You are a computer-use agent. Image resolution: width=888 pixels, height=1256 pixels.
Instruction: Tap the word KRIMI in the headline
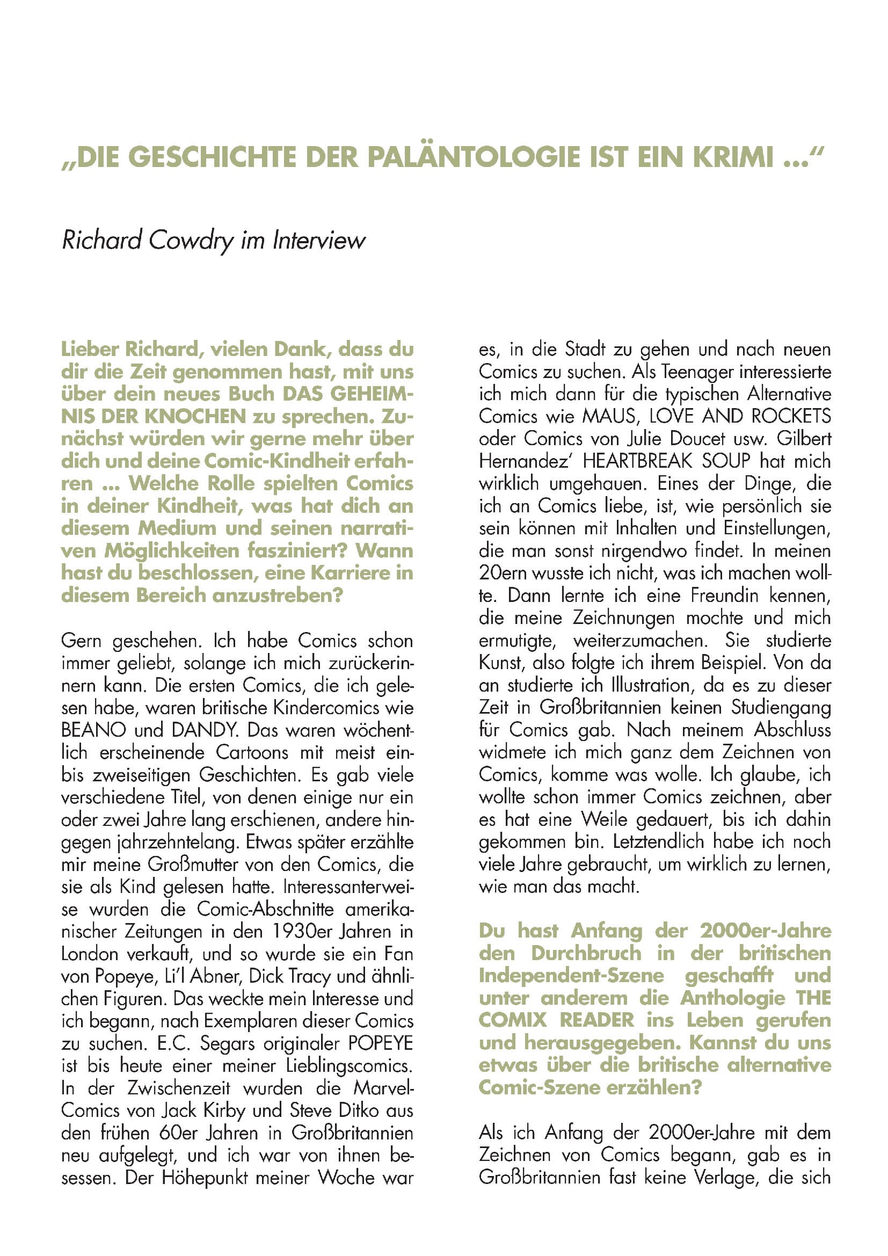coord(734,157)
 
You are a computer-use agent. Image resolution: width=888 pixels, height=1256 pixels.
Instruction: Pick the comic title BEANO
coord(94,730)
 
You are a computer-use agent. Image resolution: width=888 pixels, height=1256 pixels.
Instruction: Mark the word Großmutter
coord(188,865)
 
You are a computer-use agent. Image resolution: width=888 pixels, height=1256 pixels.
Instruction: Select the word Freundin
coord(724,596)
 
